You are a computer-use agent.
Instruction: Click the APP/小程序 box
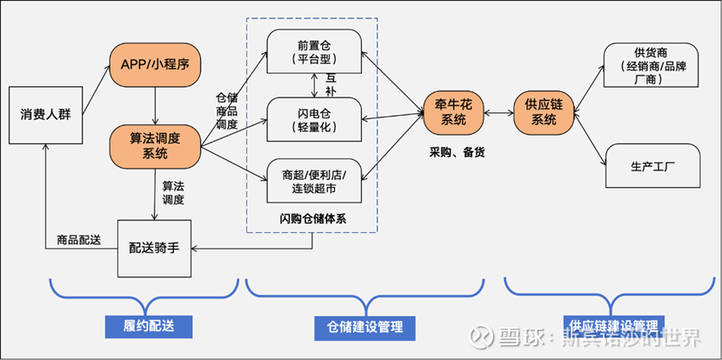tap(156, 63)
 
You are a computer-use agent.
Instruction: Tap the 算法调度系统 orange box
tap(156, 145)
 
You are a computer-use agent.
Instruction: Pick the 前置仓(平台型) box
tap(313, 52)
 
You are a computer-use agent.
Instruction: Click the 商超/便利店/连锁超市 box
tap(313, 180)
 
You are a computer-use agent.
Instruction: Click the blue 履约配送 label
tap(144, 326)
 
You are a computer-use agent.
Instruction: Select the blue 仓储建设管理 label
tap(364, 326)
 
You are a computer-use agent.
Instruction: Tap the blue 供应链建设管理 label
tap(609, 326)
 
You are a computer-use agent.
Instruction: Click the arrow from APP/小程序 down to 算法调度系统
tap(156, 103)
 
